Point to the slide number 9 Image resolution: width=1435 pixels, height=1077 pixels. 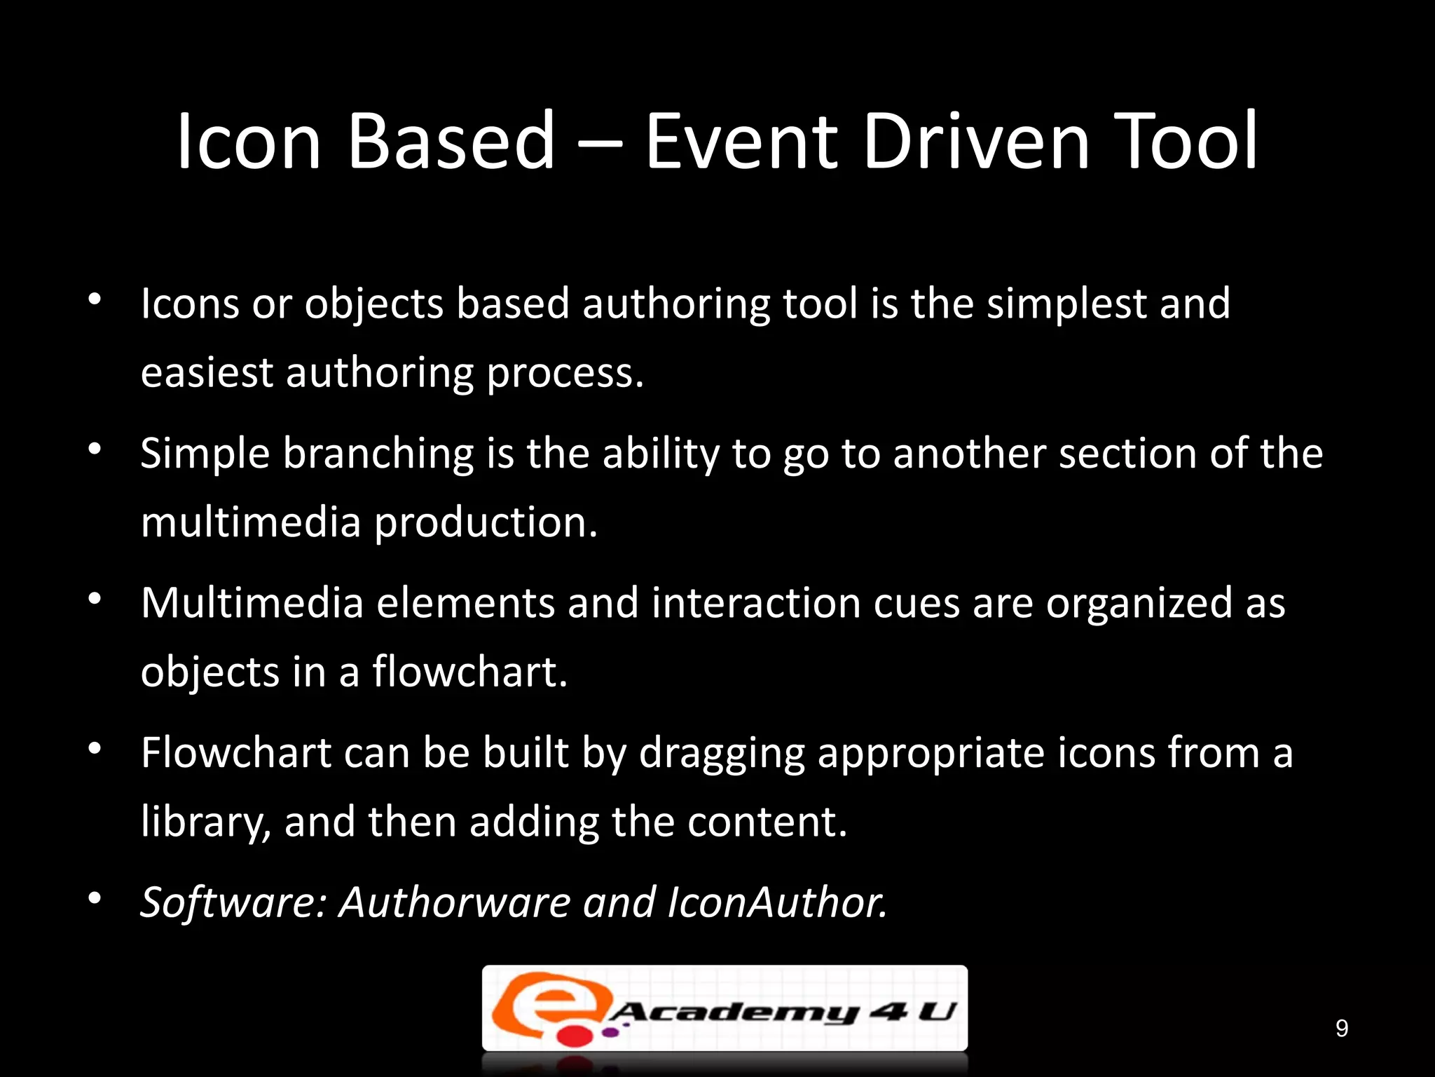tap(1341, 1029)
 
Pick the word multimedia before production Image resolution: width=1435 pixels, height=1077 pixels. tap(250, 522)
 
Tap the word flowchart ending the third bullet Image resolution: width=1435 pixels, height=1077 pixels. tap(469, 672)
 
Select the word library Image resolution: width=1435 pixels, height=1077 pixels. tap(205, 822)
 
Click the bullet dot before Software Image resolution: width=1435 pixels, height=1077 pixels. tap(95, 898)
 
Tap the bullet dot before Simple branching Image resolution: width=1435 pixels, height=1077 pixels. tap(95, 449)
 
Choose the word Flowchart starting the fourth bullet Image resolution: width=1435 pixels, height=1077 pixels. tap(236, 753)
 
